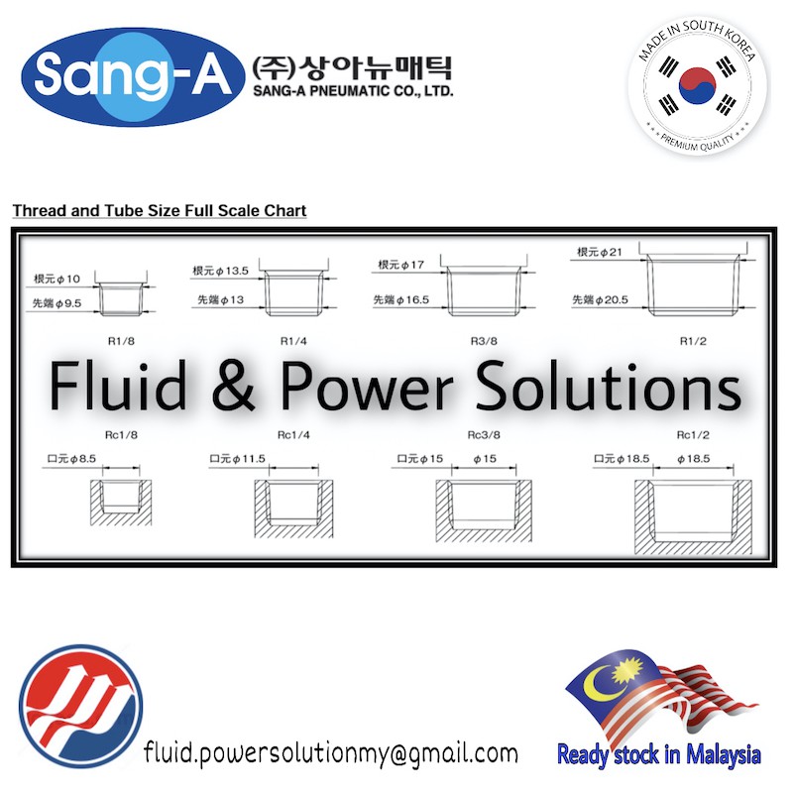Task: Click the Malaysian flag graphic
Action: coord(655,699)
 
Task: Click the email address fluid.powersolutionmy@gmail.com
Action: coord(330,752)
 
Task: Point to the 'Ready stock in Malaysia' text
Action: coord(658,754)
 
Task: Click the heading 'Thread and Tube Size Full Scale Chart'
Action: coord(159,211)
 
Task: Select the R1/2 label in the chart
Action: coord(692,341)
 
